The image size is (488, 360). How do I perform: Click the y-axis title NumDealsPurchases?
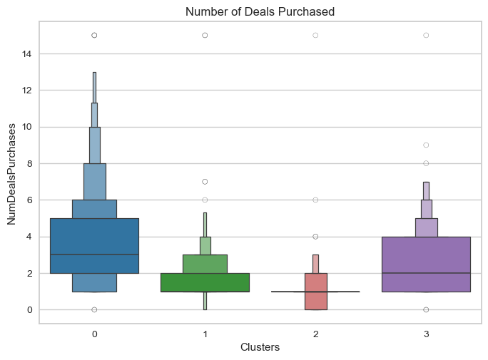[x=12, y=175]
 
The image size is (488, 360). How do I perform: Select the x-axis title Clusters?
[x=260, y=347]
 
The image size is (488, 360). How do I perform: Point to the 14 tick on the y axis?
[x=26, y=53]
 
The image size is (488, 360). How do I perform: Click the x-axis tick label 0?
[x=94, y=333]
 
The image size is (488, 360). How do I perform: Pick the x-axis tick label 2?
[x=315, y=333]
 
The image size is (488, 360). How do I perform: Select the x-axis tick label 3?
[x=426, y=333]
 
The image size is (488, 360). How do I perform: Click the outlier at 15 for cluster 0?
[x=94, y=35]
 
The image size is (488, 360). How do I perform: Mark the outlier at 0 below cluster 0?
[x=94, y=309]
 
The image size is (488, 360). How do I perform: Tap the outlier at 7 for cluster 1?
[x=205, y=182]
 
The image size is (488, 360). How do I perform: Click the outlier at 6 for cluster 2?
[x=315, y=200]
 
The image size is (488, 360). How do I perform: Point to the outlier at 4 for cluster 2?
[x=315, y=237]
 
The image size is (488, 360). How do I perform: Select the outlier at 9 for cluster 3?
[x=426, y=145]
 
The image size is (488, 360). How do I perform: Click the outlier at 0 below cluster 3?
[x=426, y=309]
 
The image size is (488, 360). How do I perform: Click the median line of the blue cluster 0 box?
[x=94, y=254]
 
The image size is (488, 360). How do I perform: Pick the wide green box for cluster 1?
[x=205, y=282]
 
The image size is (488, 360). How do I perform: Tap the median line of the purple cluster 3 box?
[x=426, y=273]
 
